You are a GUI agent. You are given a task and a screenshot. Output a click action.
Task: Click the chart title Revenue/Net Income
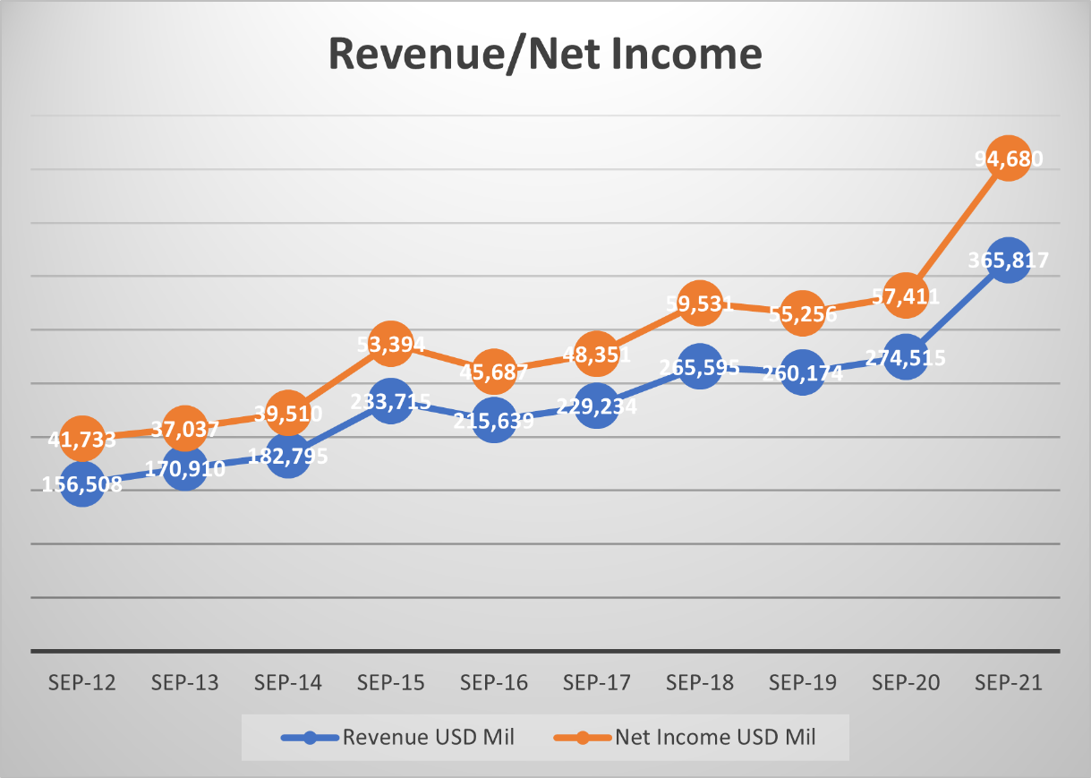pyautogui.click(x=545, y=54)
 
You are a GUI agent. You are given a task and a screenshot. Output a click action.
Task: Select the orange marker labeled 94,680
pyautogui.click(x=1009, y=158)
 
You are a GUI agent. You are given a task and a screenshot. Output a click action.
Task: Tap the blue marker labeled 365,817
pyautogui.click(x=1009, y=261)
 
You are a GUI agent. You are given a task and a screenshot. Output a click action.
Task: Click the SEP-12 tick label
pyautogui.click(x=82, y=683)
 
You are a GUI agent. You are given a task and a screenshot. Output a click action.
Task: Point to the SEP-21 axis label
pyautogui.click(x=1009, y=683)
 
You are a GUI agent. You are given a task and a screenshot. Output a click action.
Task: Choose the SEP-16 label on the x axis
pyautogui.click(x=494, y=683)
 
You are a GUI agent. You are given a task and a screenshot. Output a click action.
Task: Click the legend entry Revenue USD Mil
pyautogui.click(x=398, y=738)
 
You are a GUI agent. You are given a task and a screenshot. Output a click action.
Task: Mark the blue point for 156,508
pyautogui.click(x=82, y=484)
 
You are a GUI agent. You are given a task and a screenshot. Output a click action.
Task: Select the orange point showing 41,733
pyautogui.click(x=82, y=438)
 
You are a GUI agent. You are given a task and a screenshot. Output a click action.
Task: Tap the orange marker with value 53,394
pyautogui.click(x=391, y=344)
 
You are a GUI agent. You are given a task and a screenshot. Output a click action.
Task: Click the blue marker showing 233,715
pyautogui.click(x=391, y=401)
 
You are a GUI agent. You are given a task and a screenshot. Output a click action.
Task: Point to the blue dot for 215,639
pyautogui.click(x=494, y=419)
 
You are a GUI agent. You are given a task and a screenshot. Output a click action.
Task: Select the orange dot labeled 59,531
pyautogui.click(x=700, y=304)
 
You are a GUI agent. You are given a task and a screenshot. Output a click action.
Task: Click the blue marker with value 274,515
pyautogui.click(x=906, y=357)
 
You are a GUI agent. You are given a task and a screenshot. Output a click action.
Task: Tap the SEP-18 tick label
pyautogui.click(x=700, y=683)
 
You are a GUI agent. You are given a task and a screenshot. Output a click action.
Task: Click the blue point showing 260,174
pyautogui.click(x=803, y=372)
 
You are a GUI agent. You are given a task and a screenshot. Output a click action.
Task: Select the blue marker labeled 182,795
pyautogui.click(x=288, y=455)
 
